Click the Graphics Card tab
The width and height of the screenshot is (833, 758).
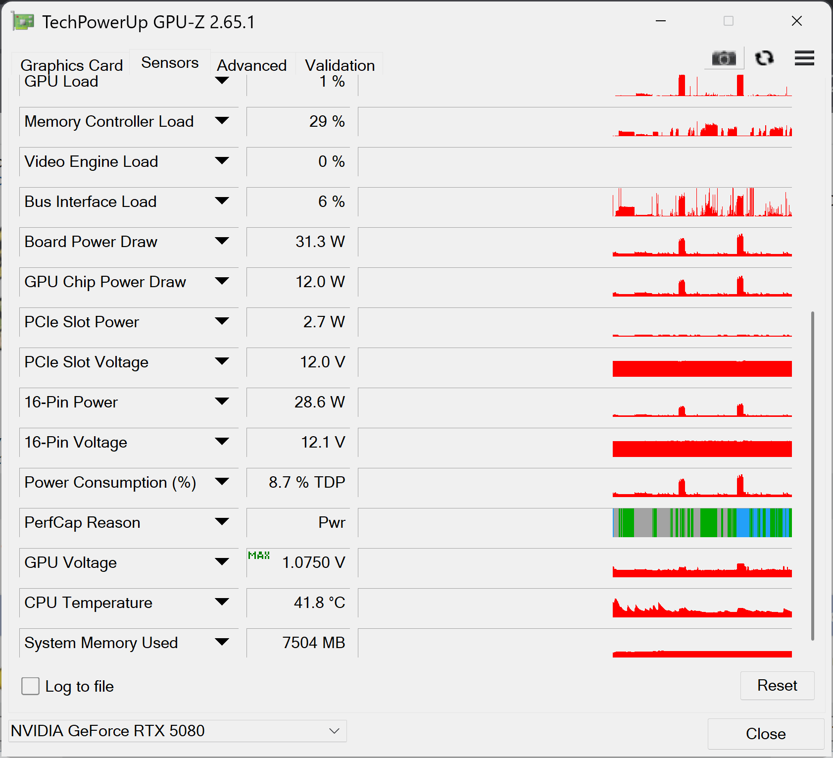71,65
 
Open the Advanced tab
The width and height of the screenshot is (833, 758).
252,65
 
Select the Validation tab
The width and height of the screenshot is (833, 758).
340,65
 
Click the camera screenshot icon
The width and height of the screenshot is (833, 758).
724,58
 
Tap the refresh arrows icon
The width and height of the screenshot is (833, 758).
764,58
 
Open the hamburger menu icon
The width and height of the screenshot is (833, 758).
804,58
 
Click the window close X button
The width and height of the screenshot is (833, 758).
796,21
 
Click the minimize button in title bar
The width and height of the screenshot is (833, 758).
660,21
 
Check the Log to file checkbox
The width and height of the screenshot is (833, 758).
31,686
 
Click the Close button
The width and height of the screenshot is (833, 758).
765,734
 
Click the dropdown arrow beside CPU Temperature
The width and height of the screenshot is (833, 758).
222,602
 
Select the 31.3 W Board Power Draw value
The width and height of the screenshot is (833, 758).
320,242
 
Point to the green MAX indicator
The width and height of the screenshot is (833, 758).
259,556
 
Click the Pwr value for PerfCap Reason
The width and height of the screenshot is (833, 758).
332,522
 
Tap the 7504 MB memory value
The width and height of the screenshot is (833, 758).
313,643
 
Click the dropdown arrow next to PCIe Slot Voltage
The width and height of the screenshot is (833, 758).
222,361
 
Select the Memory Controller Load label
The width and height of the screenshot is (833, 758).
109,121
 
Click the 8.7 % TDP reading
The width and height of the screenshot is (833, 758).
307,482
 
